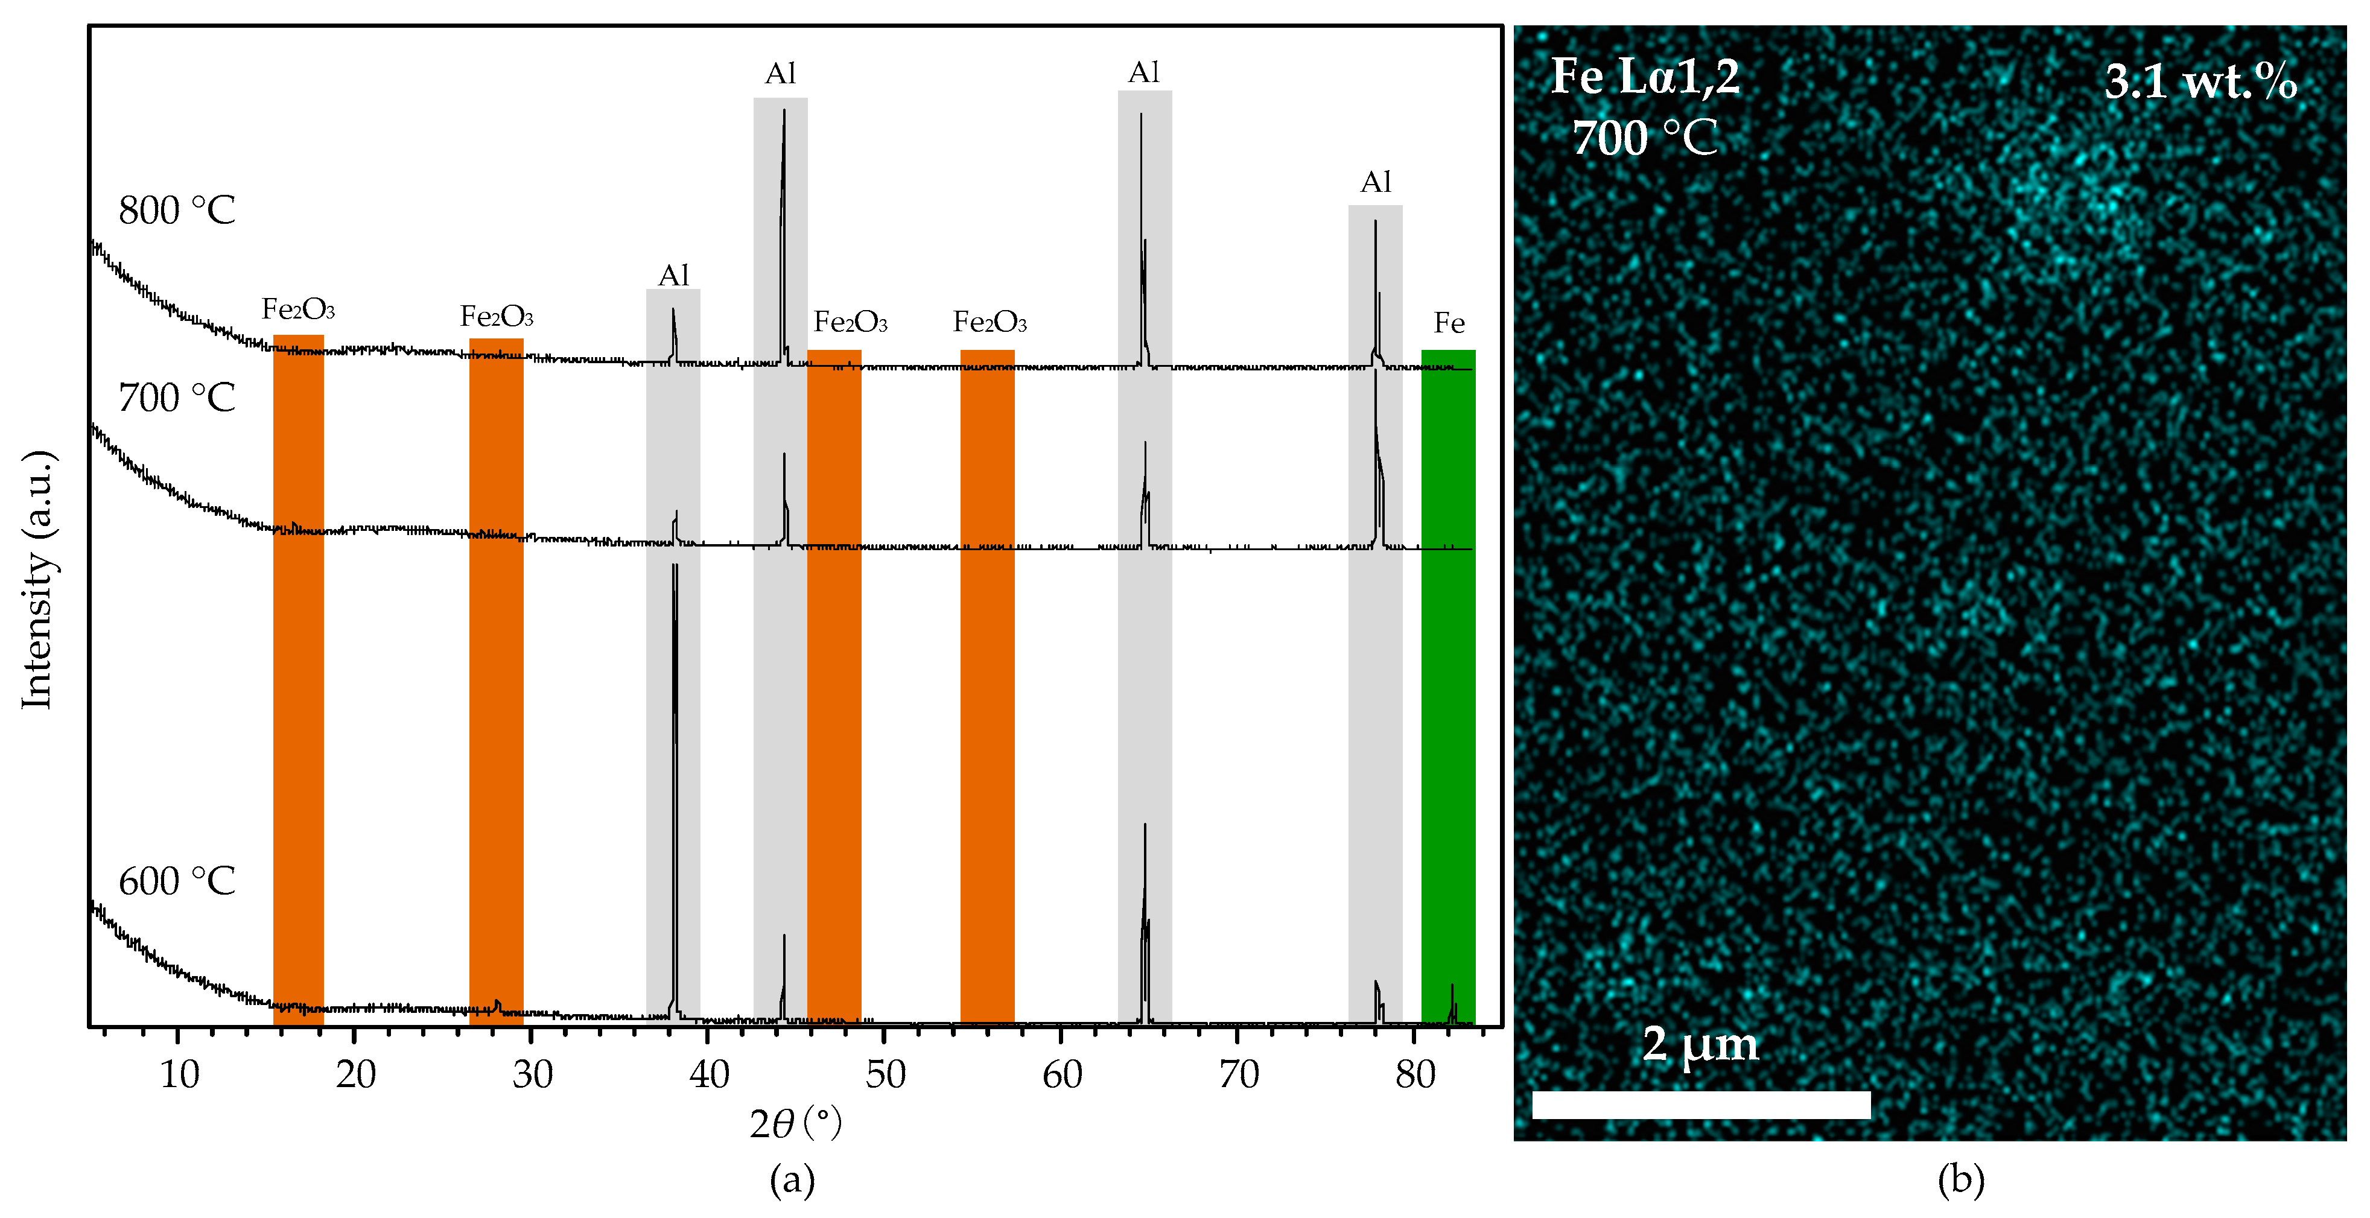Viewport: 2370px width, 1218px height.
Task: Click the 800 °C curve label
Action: tap(177, 211)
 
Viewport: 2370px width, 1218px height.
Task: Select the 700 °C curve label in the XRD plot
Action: tap(177, 398)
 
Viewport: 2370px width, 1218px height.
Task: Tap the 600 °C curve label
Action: tap(177, 881)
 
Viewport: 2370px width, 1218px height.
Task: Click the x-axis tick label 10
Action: tap(179, 1074)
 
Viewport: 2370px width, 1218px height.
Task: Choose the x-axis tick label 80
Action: tap(1414, 1074)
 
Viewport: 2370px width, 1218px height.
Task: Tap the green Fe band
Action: tap(1447, 690)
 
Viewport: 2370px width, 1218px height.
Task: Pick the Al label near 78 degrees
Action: tap(1376, 182)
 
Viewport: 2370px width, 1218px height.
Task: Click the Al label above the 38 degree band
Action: tap(673, 275)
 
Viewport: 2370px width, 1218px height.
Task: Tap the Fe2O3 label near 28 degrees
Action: tap(496, 317)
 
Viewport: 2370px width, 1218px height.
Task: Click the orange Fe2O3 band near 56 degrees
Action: tap(987, 690)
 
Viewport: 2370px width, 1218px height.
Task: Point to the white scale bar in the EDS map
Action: tap(1700, 1104)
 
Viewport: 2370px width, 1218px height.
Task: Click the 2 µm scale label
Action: tap(1700, 1044)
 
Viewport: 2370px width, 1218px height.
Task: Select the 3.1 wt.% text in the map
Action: tap(2200, 82)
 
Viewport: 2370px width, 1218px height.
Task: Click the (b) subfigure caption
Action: tap(1960, 1179)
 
